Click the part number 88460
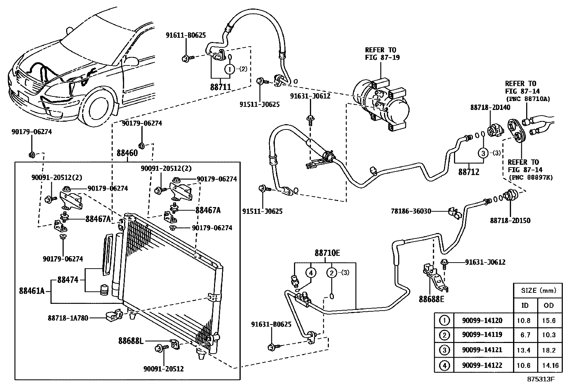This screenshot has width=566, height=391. [127, 153]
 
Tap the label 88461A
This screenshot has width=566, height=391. [32, 291]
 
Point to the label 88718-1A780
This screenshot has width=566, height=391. [68, 318]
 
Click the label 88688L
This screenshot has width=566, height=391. [130, 341]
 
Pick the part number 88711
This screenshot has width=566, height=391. [220, 87]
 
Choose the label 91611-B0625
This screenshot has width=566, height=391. [186, 35]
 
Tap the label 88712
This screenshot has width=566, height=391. [469, 172]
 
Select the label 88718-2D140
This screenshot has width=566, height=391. [490, 107]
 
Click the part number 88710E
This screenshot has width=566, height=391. [327, 253]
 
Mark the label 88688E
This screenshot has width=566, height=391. [431, 299]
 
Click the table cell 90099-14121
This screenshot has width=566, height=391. [482, 350]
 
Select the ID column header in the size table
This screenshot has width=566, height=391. [525, 305]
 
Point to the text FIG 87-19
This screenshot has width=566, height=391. [382, 57]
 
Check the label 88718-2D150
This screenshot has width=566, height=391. [510, 221]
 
